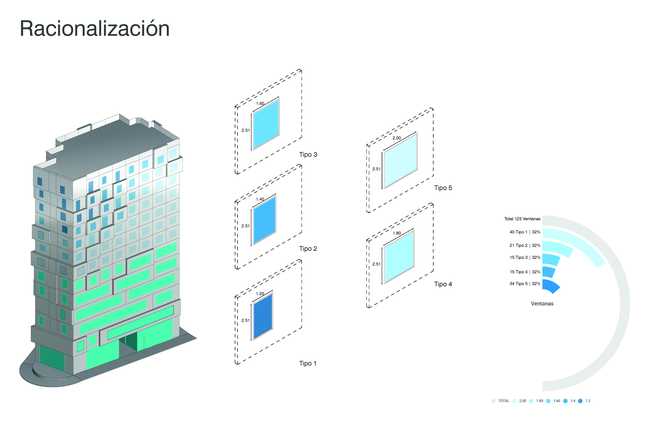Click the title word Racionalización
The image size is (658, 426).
[x=95, y=29]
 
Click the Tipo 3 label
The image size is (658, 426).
[x=308, y=155]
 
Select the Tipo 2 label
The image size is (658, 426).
[x=308, y=249]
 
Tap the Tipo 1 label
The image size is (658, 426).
[x=308, y=364]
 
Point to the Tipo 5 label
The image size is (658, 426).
[x=443, y=188]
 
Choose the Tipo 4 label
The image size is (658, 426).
[x=443, y=284]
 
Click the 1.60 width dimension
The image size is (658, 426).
[x=260, y=103]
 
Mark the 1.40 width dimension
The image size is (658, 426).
[x=260, y=199]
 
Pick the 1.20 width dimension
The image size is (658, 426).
[x=260, y=294]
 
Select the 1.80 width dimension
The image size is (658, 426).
[x=397, y=233]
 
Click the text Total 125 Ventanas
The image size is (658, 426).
[x=522, y=219]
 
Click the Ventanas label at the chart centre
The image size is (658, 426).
[x=542, y=304]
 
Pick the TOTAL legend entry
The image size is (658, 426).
[x=503, y=401]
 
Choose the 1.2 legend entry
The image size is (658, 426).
[x=588, y=401]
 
